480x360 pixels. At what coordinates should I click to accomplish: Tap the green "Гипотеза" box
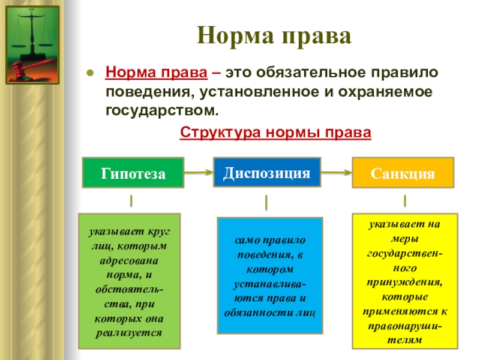pos(133,173)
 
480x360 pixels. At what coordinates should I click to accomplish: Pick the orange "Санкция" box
pos(403,173)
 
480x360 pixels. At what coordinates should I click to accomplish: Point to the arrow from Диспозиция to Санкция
pos(336,173)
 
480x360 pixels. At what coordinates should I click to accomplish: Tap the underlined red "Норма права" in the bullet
pos(157,73)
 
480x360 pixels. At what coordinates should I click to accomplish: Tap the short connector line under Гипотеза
pos(131,199)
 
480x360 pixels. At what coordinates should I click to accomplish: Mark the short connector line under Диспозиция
pos(266,202)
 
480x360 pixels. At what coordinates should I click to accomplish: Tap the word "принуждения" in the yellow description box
pos(405,281)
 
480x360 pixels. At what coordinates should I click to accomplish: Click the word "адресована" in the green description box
pos(130,261)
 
